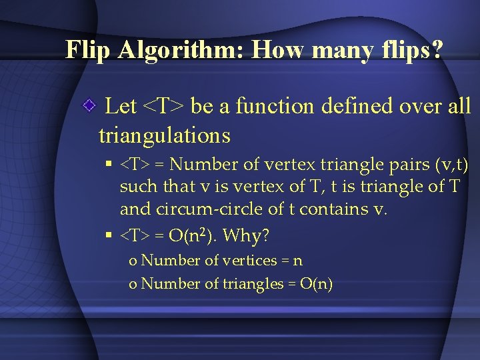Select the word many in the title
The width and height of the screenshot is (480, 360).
click(334, 50)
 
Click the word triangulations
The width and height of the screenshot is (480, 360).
click(164, 136)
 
